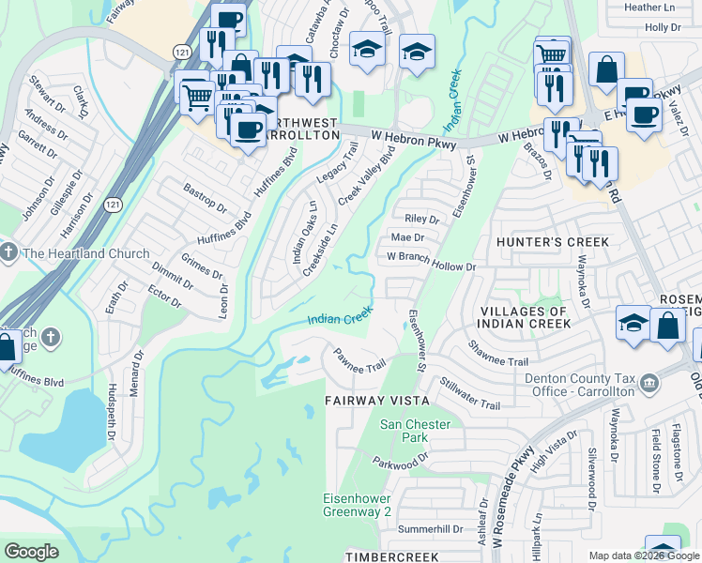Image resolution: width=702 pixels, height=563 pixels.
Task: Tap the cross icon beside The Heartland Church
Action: [x=9, y=253]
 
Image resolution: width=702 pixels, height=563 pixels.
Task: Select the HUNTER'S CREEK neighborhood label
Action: [x=553, y=242]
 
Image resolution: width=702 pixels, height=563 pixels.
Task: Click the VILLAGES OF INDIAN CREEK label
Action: [x=524, y=317]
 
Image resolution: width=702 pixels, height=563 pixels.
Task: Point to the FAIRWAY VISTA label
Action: [x=376, y=401]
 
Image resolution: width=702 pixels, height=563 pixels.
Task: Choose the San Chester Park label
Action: [x=415, y=431]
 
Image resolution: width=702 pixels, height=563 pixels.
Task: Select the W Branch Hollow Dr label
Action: [x=432, y=262]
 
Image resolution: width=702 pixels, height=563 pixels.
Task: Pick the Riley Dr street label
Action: [x=420, y=219]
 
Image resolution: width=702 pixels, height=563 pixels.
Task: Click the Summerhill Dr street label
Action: [x=432, y=529]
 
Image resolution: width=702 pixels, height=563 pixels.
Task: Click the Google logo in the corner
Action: [x=31, y=552]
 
